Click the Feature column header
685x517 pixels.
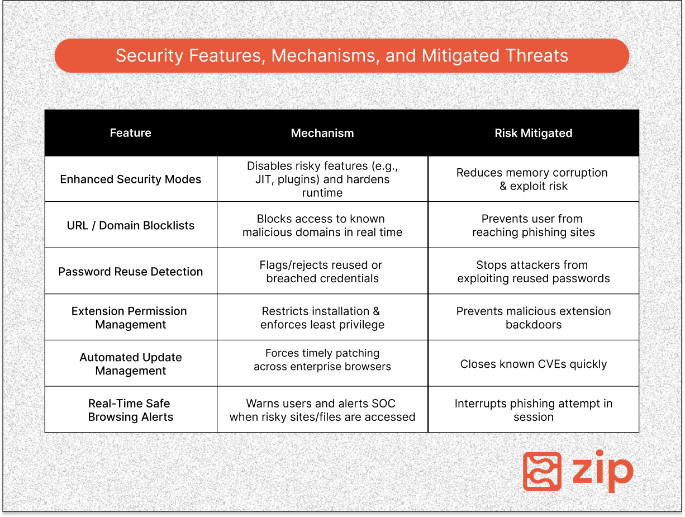[131, 133]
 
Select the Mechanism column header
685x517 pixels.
[322, 133]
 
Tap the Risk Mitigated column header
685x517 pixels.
[533, 133]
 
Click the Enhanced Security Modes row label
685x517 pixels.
[131, 179]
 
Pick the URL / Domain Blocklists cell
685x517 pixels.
[131, 226]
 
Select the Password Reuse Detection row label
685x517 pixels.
[131, 272]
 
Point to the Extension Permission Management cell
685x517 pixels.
[131, 317]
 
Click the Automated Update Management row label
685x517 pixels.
[131, 364]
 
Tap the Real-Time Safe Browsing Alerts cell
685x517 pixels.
[131, 410]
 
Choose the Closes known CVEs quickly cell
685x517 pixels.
[533, 364]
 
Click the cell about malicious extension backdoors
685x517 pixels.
[533, 317]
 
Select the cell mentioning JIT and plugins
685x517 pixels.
[322, 179]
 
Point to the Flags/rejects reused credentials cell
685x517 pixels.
[322, 272]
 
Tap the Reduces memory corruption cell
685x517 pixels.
[533, 179]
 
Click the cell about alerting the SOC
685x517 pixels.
[322, 410]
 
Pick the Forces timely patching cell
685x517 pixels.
[322, 360]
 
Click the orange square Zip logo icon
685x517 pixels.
[542, 471]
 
